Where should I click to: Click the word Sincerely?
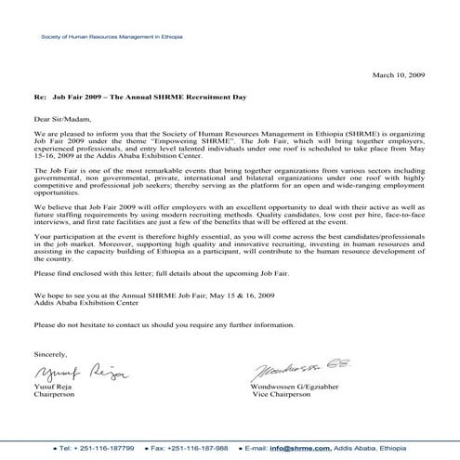pos(50,354)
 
